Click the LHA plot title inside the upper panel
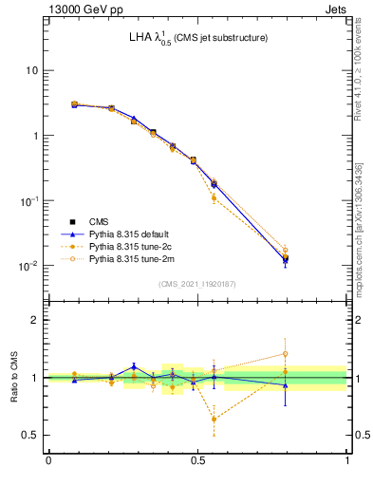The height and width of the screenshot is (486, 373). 198,39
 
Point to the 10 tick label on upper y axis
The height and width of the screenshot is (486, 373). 31,71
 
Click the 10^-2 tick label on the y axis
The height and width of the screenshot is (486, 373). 29,266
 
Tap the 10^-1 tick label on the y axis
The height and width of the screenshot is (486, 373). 29,201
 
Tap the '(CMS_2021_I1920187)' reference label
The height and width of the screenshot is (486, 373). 198,284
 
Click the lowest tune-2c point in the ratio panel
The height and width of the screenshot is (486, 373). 214,419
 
